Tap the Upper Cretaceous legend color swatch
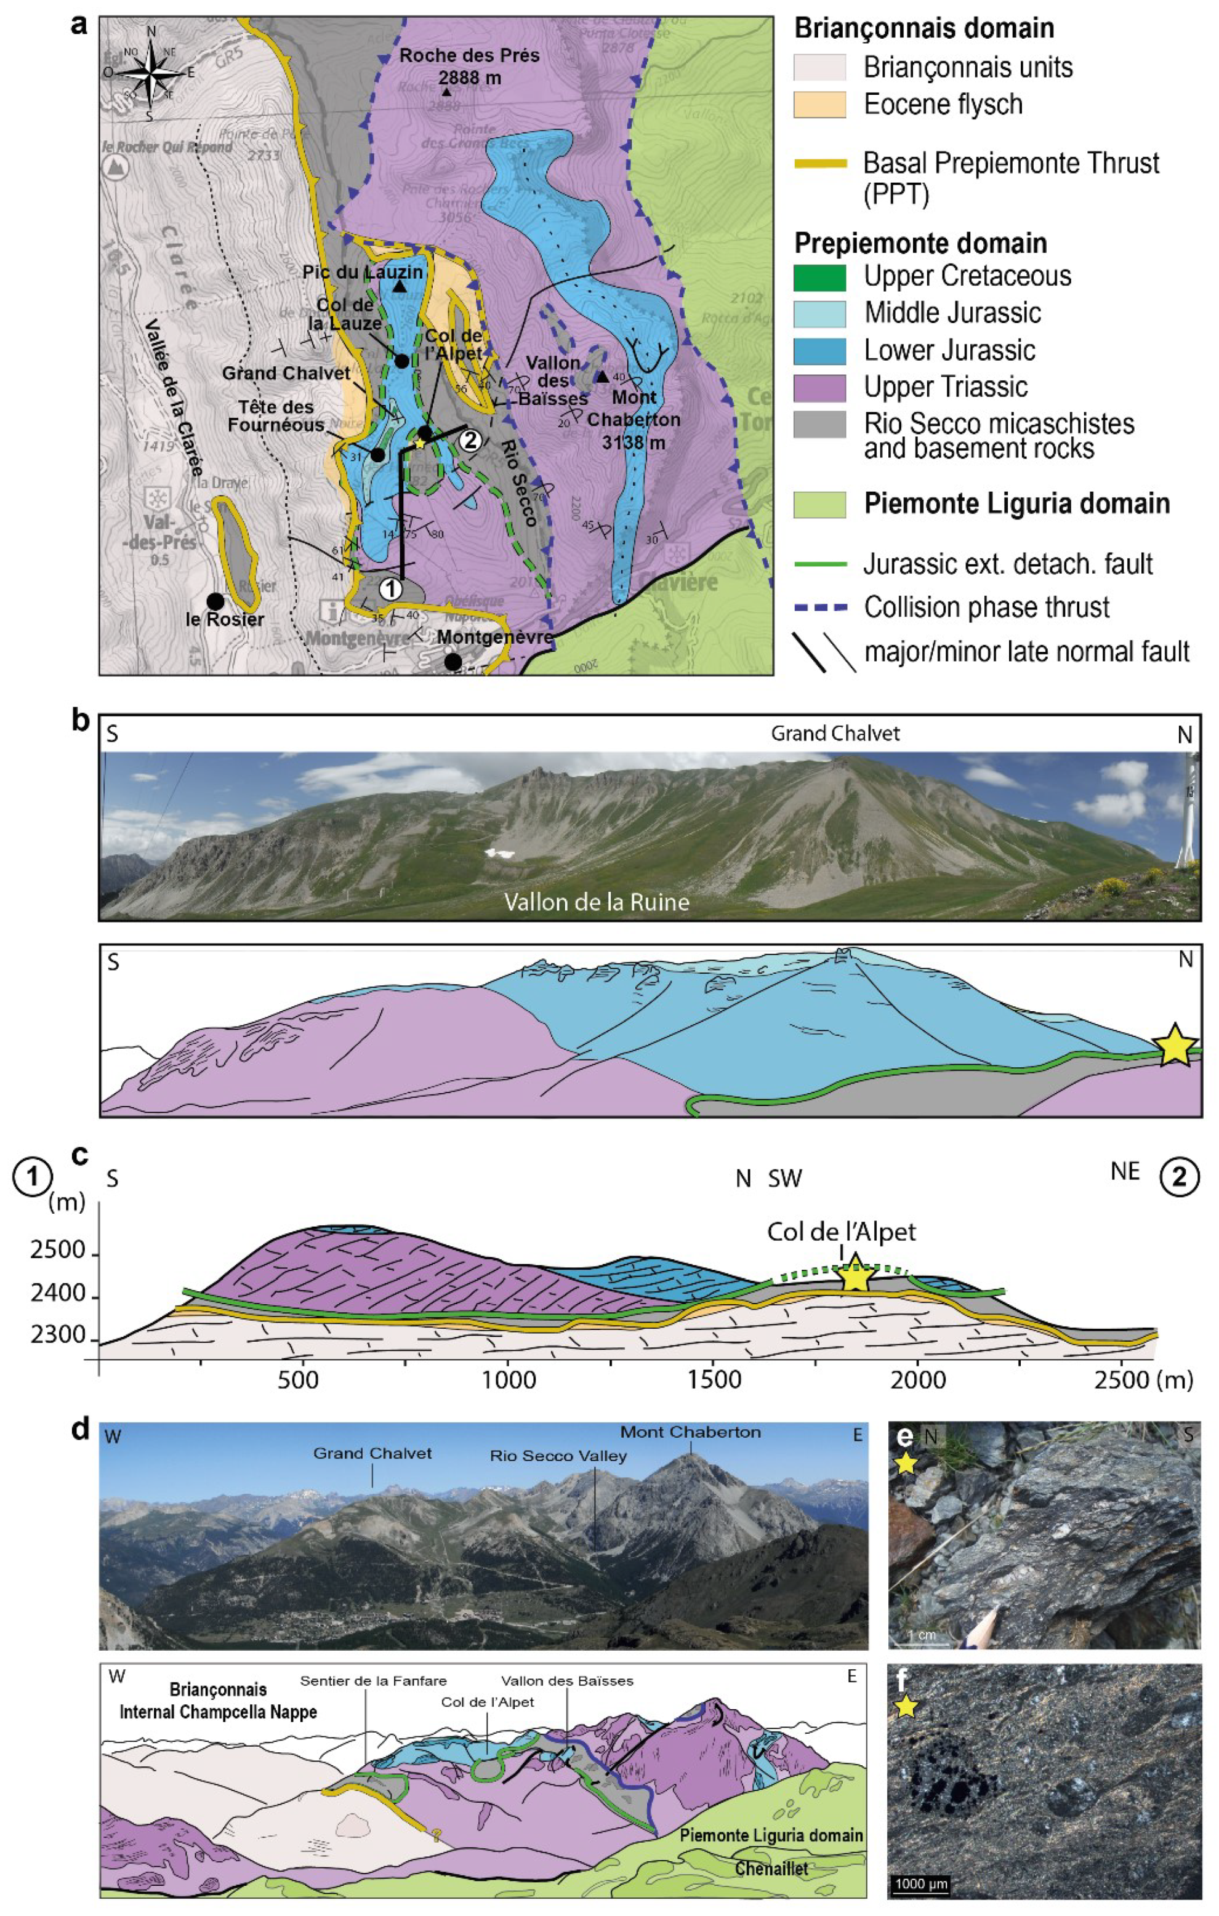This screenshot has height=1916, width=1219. pyautogui.click(x=819, y=277)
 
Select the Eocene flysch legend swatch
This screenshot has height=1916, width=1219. pyautogui.click(x=819, y=104)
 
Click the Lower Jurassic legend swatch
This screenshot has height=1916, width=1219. pyautogui.click(x=819, y=351)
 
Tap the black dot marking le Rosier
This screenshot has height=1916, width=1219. pyautogui.click(x=214, y=601)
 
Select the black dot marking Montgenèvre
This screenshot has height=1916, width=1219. pyautogui.click(x=453, y=661)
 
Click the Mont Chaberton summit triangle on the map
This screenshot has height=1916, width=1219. pyautogui.click(x=602, y=376)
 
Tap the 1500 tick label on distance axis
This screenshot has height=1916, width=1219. pyautogui.click(x=714, y=1380)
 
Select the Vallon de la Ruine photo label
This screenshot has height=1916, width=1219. pyautogui.click(x=597, y=902)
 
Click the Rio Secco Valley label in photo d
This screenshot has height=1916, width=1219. pyautogui.click(x=558, y=1456)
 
